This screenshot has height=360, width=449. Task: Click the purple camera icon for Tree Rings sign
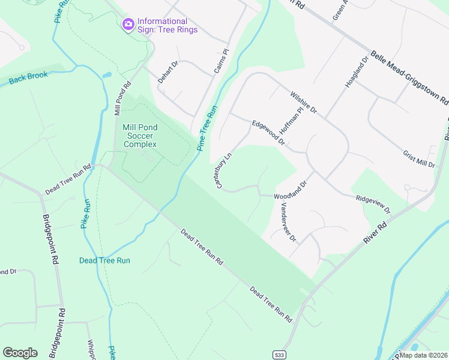128,25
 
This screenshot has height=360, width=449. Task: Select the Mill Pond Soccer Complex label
140,136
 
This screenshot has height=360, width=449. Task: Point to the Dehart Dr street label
168,71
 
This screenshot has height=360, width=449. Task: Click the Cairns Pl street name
222,62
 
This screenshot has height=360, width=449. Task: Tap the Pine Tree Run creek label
206,128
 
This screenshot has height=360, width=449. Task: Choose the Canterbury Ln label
224,171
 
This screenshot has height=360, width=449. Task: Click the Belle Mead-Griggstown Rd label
409,77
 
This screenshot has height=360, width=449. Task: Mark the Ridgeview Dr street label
373,204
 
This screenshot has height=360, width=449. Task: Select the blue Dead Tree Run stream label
104,260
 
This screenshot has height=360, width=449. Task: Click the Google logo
20,353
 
